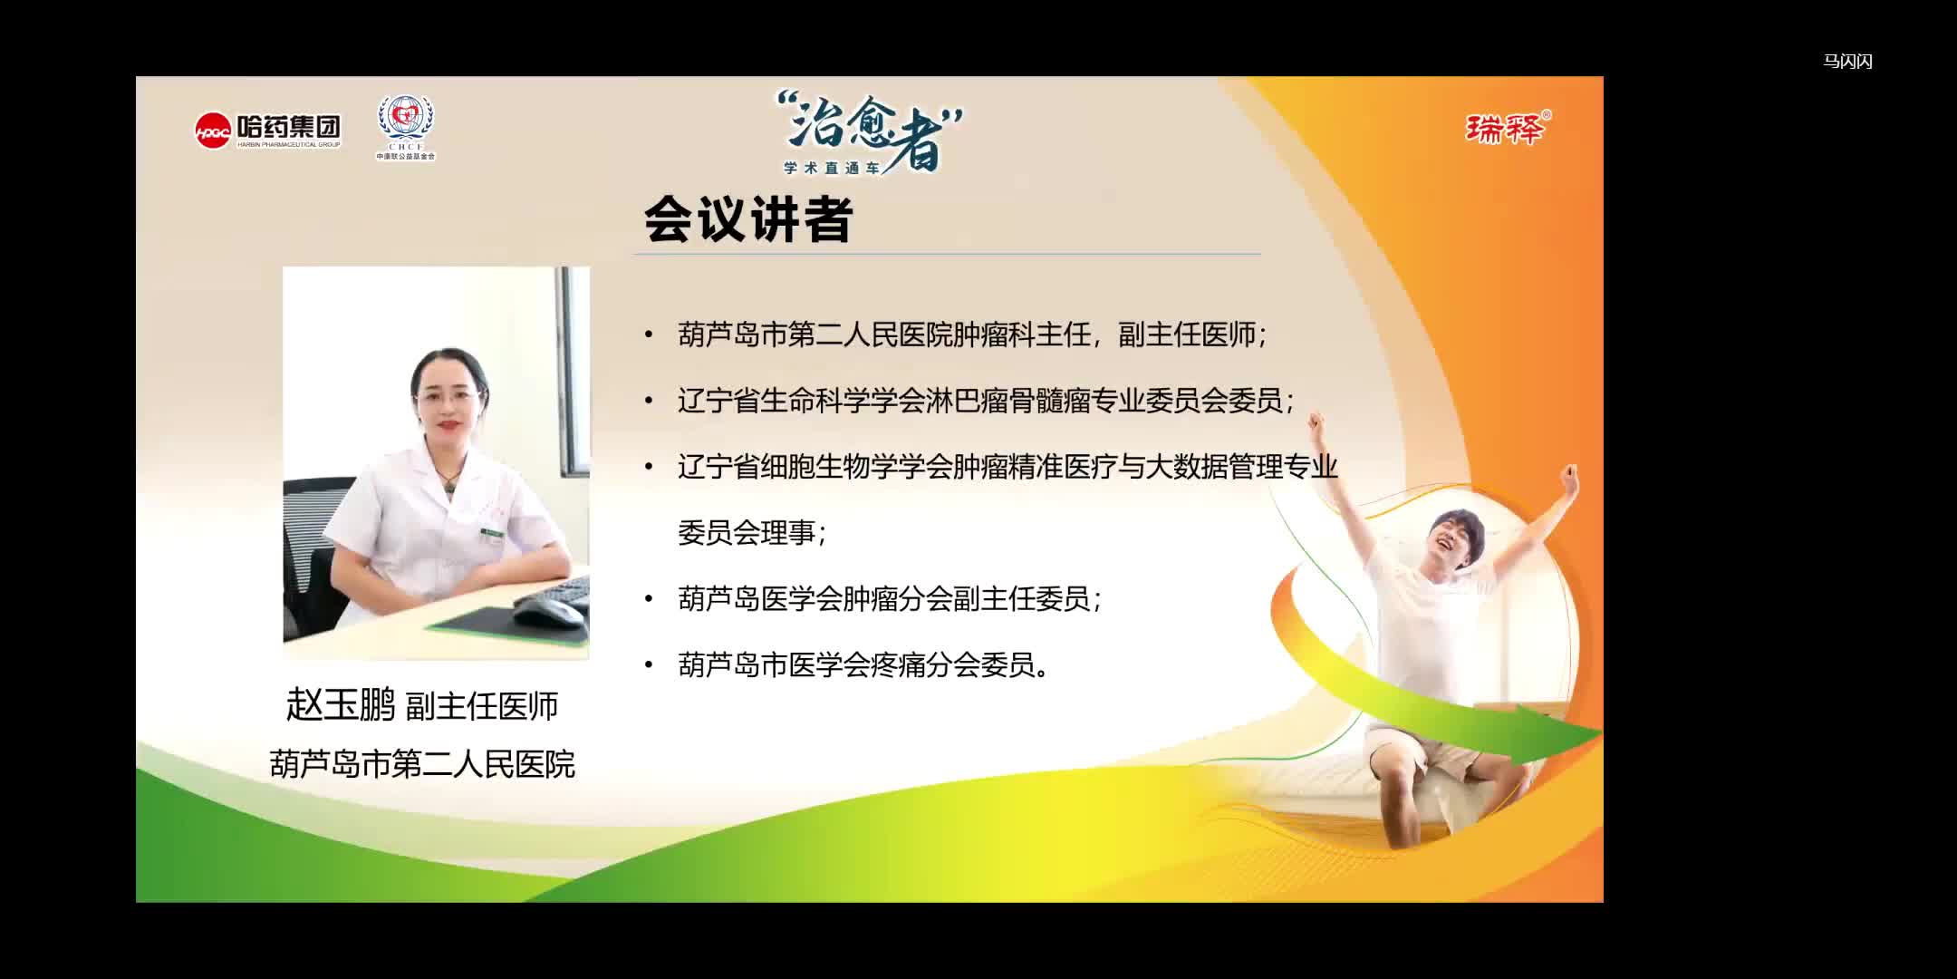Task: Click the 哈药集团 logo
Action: [x=268, y=131]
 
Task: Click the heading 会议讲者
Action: [x=747, y=219]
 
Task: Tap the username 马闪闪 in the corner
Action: [x=1847, y=62]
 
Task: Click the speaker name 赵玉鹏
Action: [x=341, y=704]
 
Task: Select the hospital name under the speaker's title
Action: [x=422, y=764]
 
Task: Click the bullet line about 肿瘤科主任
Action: [x=971, y=334]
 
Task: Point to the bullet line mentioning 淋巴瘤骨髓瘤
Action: [x=986, y=401]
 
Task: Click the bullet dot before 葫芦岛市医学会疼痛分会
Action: [x=649, y=665]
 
